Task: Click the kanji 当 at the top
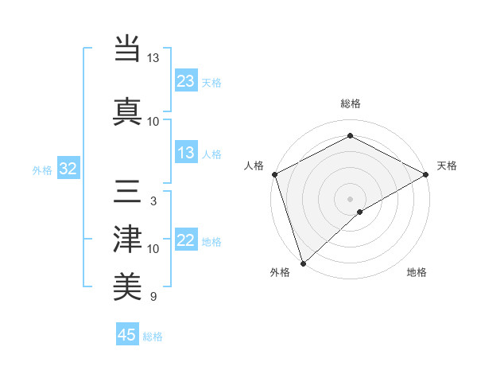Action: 128,48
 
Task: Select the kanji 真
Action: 128,111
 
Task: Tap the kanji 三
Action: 128,191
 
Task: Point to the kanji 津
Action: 128,239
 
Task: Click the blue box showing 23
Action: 186,81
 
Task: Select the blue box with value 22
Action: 186,241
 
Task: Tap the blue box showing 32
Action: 68,169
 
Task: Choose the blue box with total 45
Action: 127,335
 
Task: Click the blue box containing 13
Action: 186,154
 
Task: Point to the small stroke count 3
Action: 153,201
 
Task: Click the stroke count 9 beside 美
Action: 153,298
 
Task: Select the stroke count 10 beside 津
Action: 153,249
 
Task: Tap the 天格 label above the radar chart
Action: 447,166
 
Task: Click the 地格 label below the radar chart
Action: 417,272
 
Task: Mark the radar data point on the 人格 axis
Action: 274,174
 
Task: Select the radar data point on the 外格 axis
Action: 303,263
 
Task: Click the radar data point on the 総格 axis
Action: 350,136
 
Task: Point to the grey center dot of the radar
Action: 350,198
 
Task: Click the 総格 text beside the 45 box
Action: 153,337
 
